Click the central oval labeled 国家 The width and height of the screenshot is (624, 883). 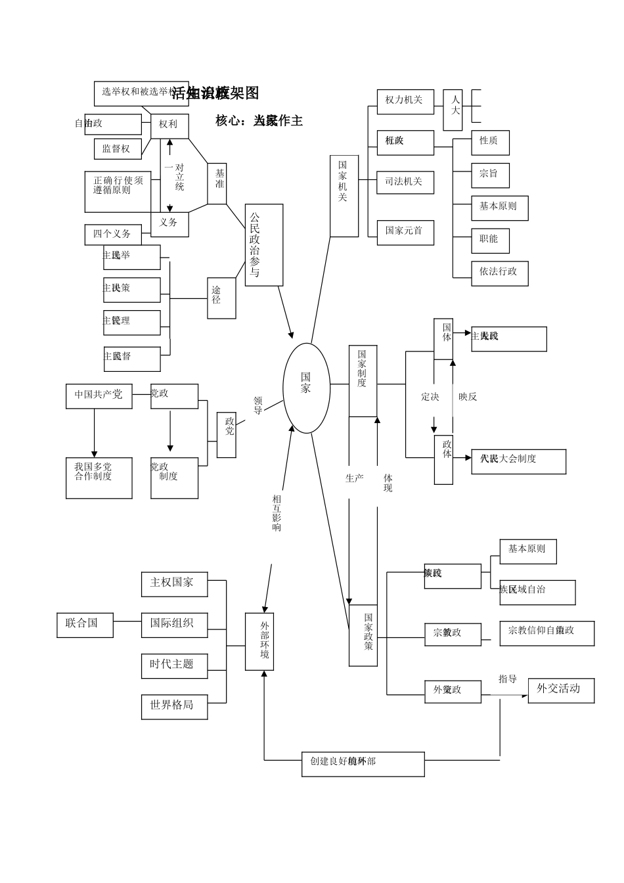[306, 388]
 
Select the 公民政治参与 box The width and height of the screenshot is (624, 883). [263, 244]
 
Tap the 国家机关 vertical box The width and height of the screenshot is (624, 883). [344, 195]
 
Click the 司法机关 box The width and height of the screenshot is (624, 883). [405, 182]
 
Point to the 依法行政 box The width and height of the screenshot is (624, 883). [499, 273]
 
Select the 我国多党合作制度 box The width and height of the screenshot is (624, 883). [99, 478]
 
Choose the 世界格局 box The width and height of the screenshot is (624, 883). [174, 706]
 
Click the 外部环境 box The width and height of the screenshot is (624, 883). [259, 641]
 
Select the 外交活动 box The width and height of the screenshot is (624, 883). [560, 690]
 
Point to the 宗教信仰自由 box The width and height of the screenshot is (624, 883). [546, 633]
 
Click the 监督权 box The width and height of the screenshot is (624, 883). [118, 149]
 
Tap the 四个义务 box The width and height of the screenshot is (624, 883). [113, 235]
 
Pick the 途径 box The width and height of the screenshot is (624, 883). [221, 298]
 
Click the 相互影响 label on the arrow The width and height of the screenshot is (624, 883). [277, 513]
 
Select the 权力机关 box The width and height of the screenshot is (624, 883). [405, 101]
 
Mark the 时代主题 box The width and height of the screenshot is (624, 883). [174, 665]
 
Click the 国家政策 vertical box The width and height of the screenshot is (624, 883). [363, 635]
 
